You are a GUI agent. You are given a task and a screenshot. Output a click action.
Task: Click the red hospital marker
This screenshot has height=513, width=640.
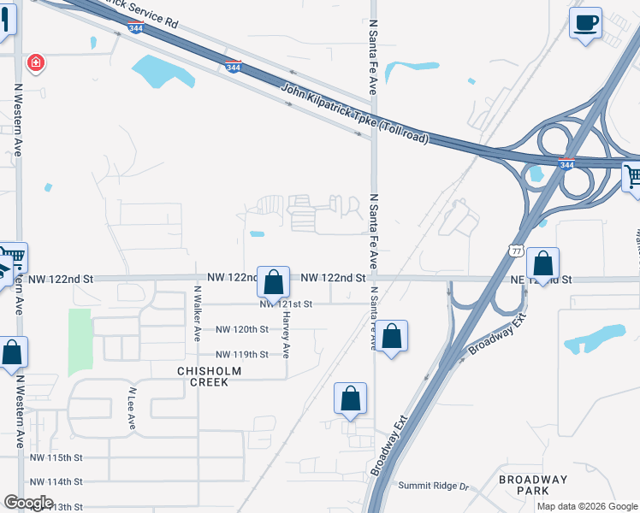coord(35,62)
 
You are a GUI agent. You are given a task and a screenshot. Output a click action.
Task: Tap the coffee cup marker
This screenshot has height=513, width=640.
coord(585,23)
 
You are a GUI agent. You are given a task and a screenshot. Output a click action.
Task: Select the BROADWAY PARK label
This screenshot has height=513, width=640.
coord(535,485)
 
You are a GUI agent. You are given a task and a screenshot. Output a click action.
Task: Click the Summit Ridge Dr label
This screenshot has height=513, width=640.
coord(435,486)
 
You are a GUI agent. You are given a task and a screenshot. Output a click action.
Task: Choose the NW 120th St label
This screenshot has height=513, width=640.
coord(242,329)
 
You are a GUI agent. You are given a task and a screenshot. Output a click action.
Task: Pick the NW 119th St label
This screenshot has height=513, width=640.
coord(242,354)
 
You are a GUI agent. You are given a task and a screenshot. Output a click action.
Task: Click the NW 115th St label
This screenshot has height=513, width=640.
coord(56,458)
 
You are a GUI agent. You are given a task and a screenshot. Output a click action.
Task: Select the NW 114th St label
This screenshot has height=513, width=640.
coord(56,482)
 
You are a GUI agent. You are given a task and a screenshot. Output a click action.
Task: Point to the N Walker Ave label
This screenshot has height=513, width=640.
coord(197,314)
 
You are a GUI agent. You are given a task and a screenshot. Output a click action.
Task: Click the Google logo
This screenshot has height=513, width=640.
coord(28,503)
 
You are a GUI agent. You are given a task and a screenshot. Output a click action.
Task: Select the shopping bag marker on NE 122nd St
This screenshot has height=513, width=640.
coord(542,262)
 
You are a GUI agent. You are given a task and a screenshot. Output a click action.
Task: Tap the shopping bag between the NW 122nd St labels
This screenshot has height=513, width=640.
coord(273,281)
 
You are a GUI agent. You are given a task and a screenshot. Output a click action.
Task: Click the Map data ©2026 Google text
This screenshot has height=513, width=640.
coord(586,506)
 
